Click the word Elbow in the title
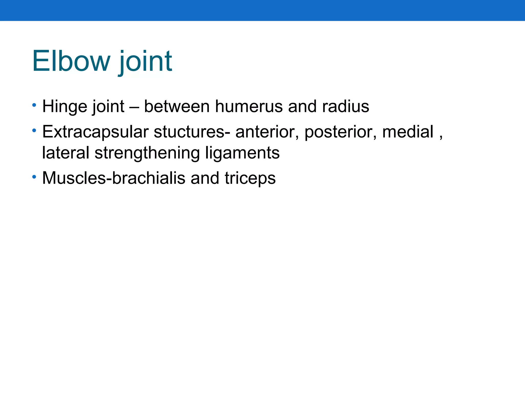click(x=71, y=61)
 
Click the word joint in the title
click(x=145, y=61)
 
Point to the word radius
click(x=346, y=106)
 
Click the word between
click(x=177, y=106)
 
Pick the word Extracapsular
click(x=95, y=132)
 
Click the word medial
click(x=408, y=132)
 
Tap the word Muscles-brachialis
click(x=114, y=178)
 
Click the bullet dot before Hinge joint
click(x=34, y=105)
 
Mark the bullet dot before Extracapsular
click(x=34, y=131)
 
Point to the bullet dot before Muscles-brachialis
click(x=34, y=177)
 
